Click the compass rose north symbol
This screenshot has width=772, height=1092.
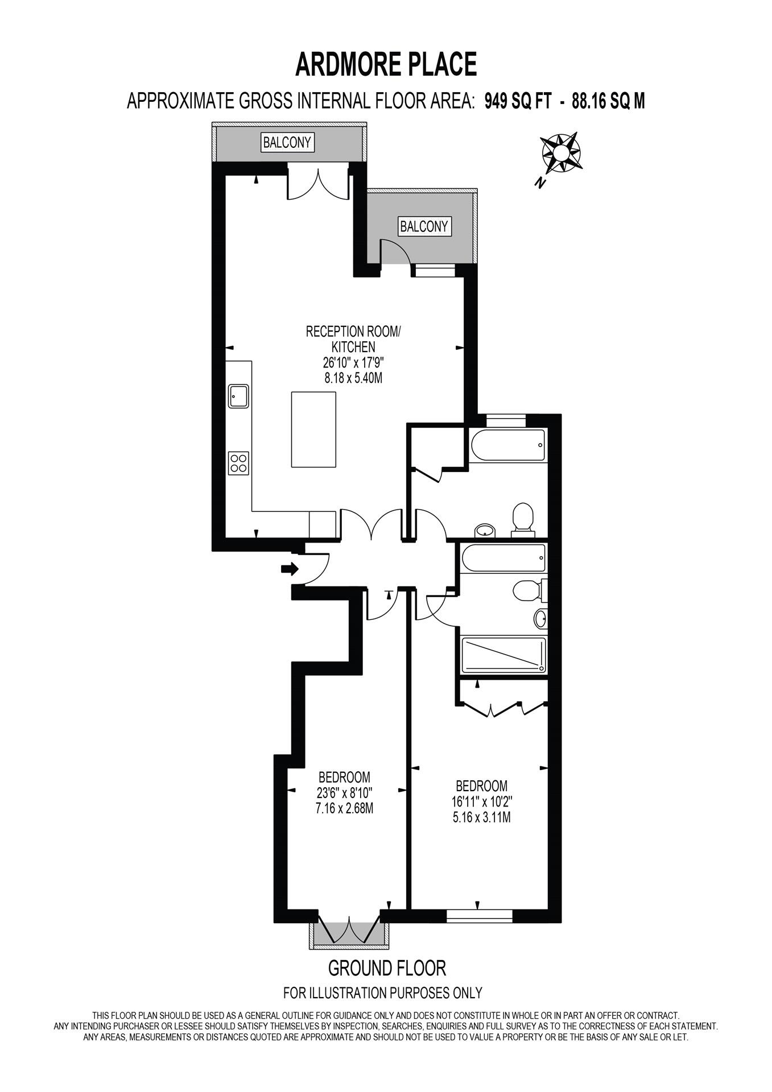(x=560, y=153)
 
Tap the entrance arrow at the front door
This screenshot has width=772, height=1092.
(x=290, y=568)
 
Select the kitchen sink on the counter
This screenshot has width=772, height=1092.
(x=238, y=396)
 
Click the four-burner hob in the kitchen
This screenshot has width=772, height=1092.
(x=238, y=463)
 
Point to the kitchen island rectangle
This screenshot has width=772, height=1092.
(x=313, y=429)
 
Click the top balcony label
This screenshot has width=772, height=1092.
(x=288, y=142)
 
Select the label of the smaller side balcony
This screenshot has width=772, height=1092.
(x=424, y=226)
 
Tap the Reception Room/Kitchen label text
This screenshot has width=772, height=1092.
(x=353, y=339)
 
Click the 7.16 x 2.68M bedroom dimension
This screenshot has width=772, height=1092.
(x=344, y=808)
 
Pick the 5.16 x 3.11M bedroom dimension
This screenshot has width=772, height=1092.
(x=482, y=818)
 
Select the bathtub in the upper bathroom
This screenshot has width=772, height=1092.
(x=506, y=445)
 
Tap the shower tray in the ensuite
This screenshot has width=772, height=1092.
(x=503, y=655)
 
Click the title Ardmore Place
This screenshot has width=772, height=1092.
(x=386, y=64)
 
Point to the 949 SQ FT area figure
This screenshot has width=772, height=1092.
(x=518, y=101)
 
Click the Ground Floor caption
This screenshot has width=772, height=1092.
(x=387, y=967)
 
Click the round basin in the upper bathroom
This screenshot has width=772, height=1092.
(x=485, y=531)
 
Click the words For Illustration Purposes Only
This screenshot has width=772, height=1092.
(x=382, y=993)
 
